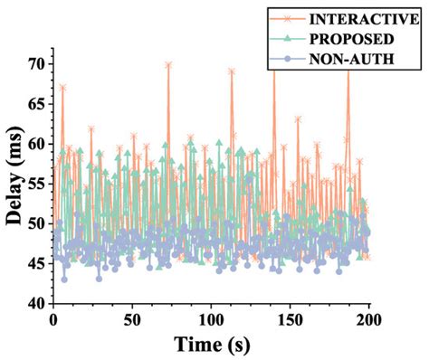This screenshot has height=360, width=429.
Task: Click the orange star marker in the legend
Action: (x=289, y=18)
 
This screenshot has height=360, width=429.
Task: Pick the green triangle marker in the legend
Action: (x=289, y=39)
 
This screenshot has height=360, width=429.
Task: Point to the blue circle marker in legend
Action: (x=289, y=60)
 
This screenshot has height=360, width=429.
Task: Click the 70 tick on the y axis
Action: (x=36, y=63)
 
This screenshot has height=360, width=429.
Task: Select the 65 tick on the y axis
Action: (x=36, y=103)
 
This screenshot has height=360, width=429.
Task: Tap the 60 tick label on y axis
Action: (x=36, y=144)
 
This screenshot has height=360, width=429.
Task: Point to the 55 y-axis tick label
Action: (x=36, y=184)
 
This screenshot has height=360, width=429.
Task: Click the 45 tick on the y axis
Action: (x=36, y=264)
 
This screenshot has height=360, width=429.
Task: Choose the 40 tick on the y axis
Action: (x=36, y=304)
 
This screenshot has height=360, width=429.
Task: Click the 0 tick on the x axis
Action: (x=53, y=321)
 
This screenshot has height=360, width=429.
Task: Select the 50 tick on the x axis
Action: (x=132, y=321)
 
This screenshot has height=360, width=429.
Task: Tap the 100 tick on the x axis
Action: (x=211, y=321)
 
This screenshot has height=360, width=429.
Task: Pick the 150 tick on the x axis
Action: (x=290, y=321)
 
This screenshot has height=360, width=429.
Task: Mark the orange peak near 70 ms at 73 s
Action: (x=168, y=65)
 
